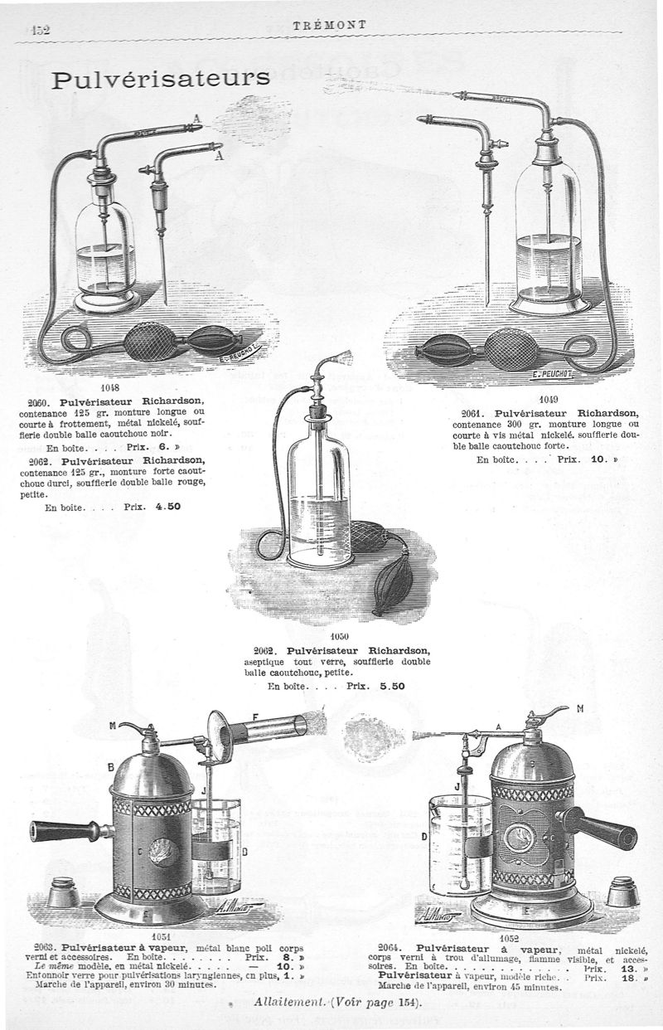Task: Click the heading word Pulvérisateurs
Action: [160, 78]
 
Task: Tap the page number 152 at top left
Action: [40, 31]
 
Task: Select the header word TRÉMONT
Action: [330, 25]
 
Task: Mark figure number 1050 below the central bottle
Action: [340, 636]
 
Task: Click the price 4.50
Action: [167, 507]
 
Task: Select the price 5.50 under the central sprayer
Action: [392, 687]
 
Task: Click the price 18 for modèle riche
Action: [627, 978]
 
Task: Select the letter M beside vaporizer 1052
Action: [580, 708]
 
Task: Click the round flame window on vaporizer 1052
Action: [519, 837]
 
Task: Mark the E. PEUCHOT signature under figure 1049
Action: [553, 374]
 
